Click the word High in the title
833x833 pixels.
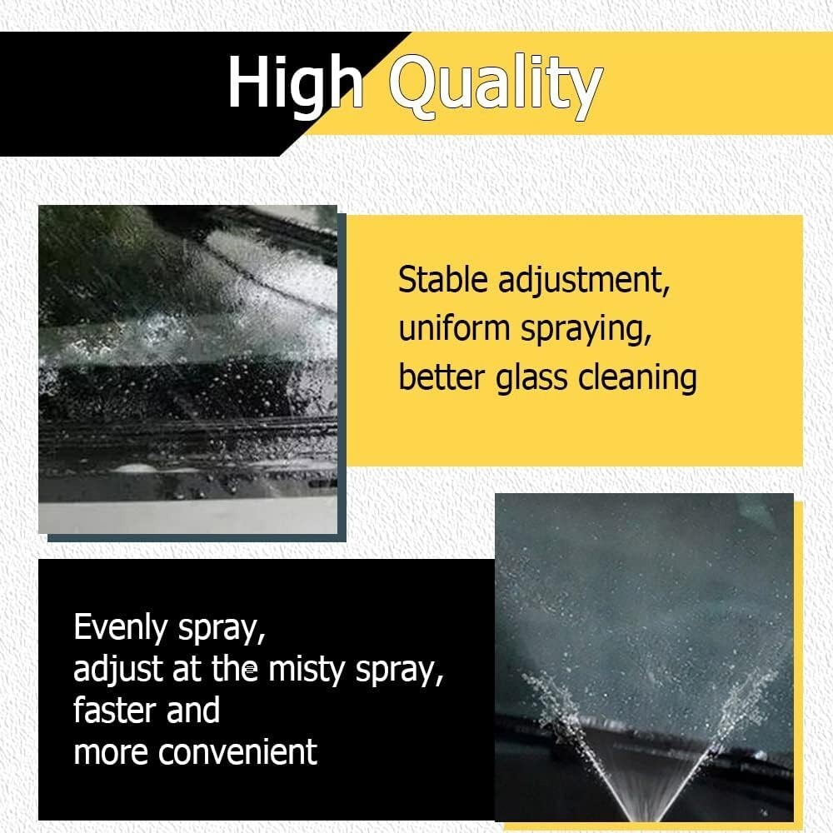tap(296, 85)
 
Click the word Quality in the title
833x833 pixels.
tap(496, 86)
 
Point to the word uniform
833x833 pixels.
tap(454, 328)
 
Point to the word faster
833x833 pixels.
tap(115, 711)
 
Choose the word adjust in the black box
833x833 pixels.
tap(117, 670)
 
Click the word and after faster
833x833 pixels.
tap(193, 711)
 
